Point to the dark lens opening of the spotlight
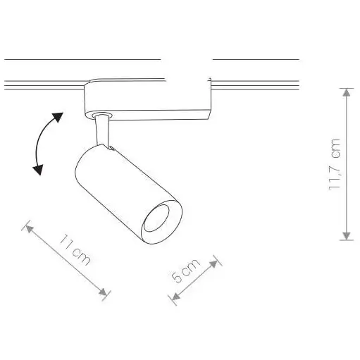click(161, 220)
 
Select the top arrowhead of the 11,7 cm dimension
click(346, 92)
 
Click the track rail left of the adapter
click(42, 86)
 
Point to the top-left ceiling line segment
click(81, 59)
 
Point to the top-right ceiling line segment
click(255, 59)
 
